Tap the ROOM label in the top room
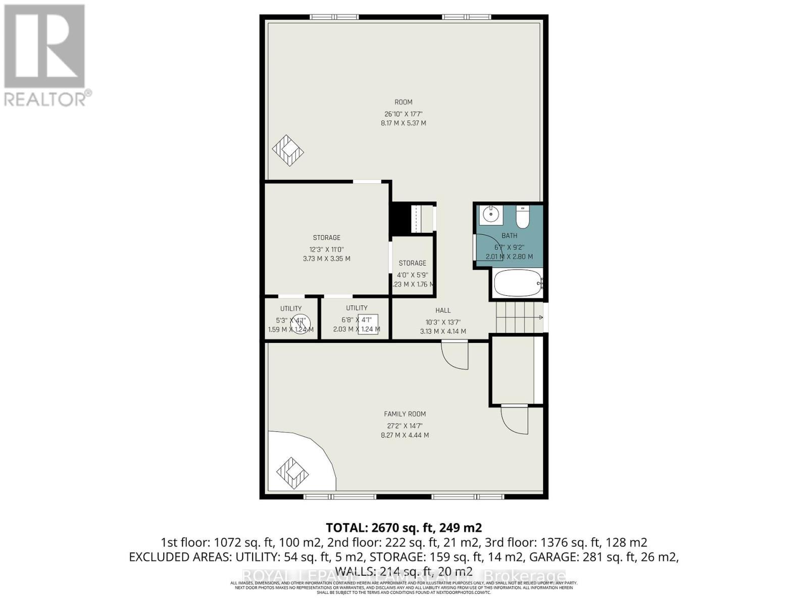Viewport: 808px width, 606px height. coord(403,102)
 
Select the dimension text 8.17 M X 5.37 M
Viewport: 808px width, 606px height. coord(403,123)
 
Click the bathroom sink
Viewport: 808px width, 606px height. coord(490,215)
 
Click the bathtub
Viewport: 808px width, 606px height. coord(517,283)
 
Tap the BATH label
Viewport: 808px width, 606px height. coord(509,235)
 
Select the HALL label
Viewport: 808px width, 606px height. coord(443,311)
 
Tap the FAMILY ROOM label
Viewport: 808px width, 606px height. coord(405,414)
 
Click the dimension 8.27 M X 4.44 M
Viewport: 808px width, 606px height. coord(405,435)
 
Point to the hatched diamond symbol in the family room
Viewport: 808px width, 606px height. coord(292,473)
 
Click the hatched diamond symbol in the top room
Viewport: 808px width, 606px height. coord(288,150)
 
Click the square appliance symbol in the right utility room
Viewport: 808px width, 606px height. coord(368,324)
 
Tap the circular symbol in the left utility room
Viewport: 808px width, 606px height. coord(300,324)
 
